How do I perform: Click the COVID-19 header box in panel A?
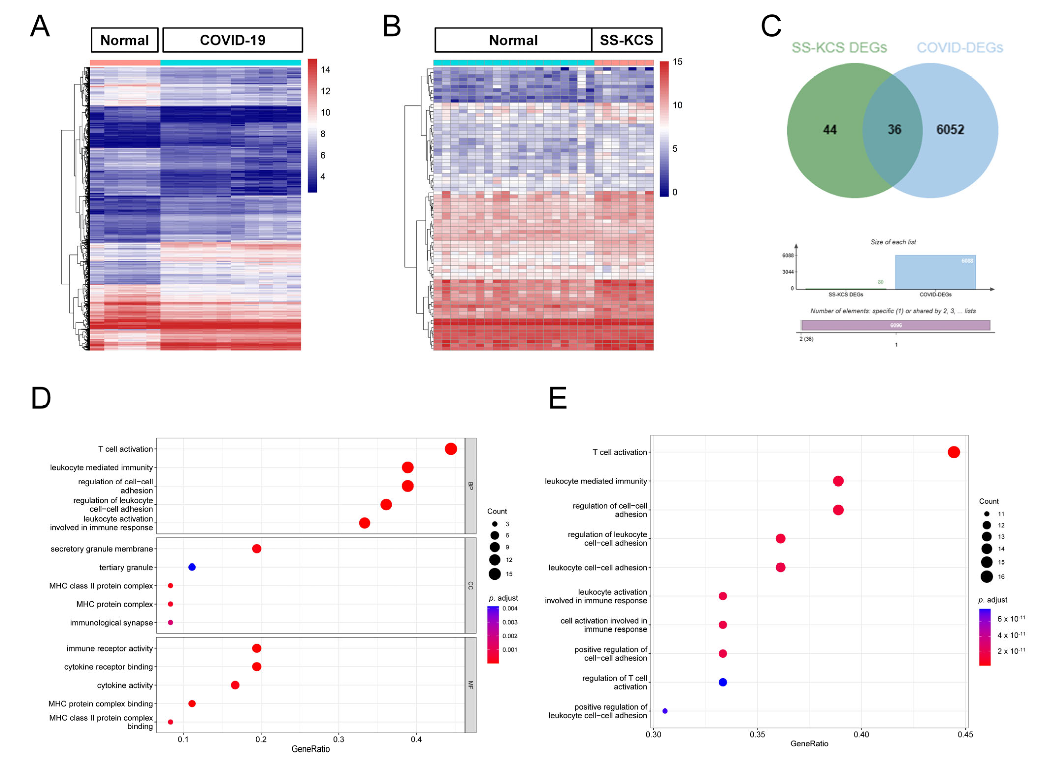coord(232,40)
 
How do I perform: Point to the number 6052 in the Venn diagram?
coord(950,130)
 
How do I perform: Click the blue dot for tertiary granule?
coord(192,567)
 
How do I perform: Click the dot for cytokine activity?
coord(235,685)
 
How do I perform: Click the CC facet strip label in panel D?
coord(470,586)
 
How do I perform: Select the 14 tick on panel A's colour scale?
coord(325,70)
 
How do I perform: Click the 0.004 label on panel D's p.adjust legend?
coord(510,608)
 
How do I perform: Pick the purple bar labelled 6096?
coord(895,325)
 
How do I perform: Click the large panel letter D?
coord(41,398)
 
